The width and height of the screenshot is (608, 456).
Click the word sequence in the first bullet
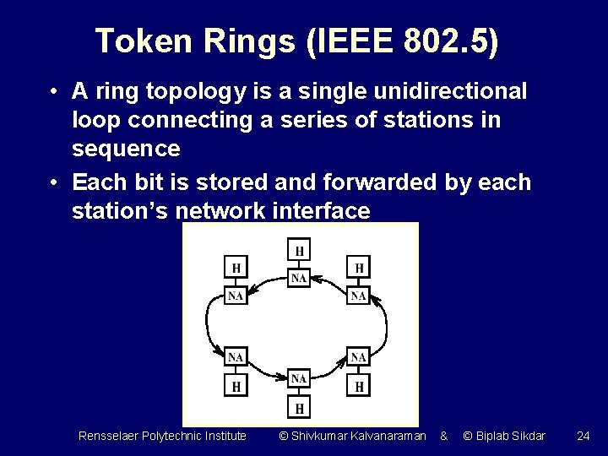pos(126,149)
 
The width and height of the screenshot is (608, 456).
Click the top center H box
pos(299,250)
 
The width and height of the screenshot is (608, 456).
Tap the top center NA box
pos(299,277)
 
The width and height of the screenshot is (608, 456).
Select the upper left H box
pos(236,269)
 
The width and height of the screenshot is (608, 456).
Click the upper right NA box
pos(359,296)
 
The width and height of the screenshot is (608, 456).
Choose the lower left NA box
pos(236,357)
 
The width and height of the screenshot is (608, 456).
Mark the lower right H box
pos(359,386)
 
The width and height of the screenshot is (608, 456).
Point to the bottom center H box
pos(299,408)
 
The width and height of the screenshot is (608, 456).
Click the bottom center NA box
pos(299,379)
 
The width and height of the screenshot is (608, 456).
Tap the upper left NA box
pos(236,296)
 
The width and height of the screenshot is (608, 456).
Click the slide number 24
pos(583,436)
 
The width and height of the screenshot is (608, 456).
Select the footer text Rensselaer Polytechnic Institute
pos(162,436)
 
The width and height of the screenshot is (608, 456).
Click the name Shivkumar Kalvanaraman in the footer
pos(358,436)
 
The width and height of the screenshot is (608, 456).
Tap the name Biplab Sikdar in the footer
pos(510,436)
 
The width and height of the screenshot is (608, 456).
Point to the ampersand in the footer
pos(443,436)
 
